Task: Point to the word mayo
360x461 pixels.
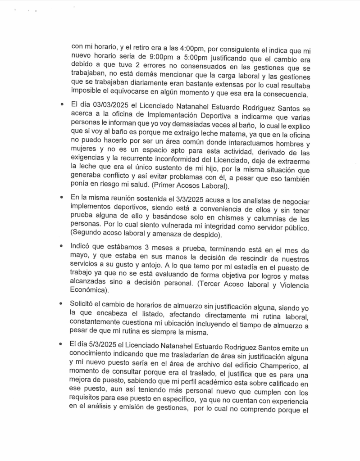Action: (80, 257)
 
